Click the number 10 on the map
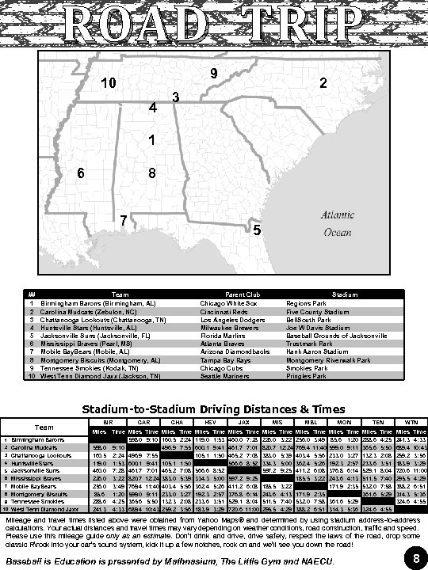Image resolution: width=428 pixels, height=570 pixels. (109, 83)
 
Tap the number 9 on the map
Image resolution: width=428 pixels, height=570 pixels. (214, 74)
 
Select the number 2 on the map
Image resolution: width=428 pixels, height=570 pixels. (323, 83)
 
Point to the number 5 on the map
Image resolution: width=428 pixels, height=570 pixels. (256, 230)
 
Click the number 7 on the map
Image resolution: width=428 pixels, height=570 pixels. (123, 218)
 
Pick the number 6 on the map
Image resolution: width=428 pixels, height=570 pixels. (80, 173)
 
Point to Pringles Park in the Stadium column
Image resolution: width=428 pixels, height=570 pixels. (306, 376)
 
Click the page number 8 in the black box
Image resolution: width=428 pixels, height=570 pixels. (415, 559)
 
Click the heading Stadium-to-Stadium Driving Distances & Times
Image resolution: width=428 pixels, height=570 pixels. (213, 408)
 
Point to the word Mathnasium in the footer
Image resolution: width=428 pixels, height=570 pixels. (163, 561)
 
